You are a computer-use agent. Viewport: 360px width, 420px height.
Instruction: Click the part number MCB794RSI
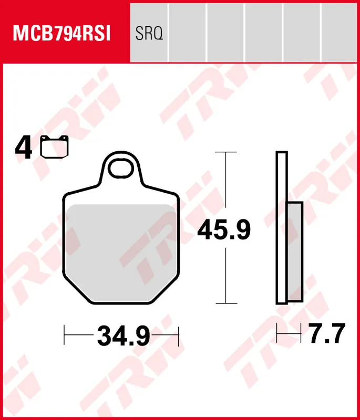pos(61,34)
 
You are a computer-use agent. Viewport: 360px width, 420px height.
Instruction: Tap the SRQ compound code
pos(149,34)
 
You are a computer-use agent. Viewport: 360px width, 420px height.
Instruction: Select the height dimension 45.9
pos(224,230)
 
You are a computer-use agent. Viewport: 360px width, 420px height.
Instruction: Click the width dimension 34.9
pos(124,335)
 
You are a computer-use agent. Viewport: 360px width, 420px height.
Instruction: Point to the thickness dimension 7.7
pos(326,333)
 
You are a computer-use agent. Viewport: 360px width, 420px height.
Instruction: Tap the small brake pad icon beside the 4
pos(55,147)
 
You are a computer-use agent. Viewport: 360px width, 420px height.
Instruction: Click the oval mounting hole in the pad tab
pos(121,168)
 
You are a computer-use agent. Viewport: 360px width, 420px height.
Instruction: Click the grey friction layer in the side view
pos(295,251)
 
